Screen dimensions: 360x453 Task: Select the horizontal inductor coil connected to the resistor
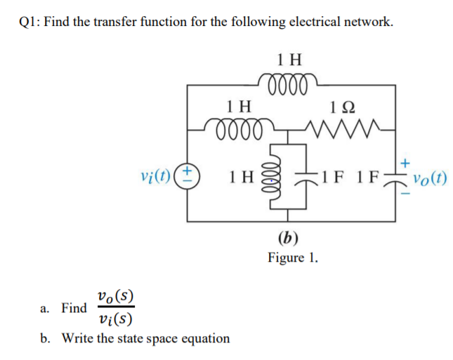pos(239,129)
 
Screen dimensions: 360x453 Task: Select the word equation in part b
pos(204,338)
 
